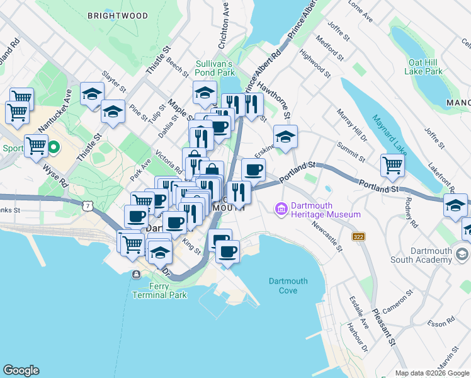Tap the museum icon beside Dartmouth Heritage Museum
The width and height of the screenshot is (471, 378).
[x=281, y=209]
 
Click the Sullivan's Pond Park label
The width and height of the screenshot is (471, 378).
[x=214, y=68]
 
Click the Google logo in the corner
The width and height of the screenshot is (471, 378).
[x=21, y=370]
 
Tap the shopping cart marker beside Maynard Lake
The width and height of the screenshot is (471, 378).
[x=392, y=166]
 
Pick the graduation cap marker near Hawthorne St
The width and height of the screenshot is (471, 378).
[x=285, y=137]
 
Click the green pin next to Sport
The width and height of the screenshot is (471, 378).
[x=54, y=149]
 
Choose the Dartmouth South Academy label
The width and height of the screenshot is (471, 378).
[x=431, y=255]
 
